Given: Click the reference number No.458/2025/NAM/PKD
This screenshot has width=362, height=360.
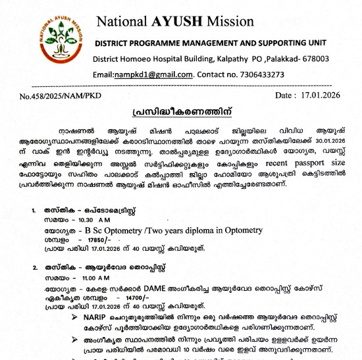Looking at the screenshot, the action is pyautogui.click(x=61, y=96).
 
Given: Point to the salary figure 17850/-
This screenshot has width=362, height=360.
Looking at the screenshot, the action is pyautogui.click(x=78, y=240).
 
